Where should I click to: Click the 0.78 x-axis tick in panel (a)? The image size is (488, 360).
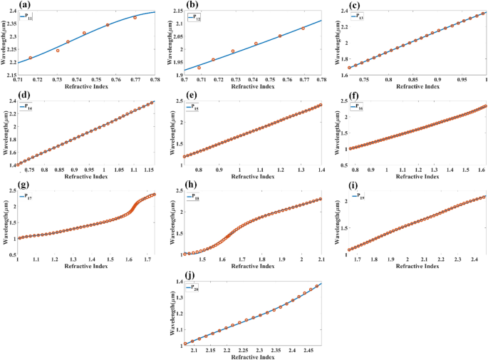tap(155, 79)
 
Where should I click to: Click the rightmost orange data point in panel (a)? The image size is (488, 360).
tap(135, 17)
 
